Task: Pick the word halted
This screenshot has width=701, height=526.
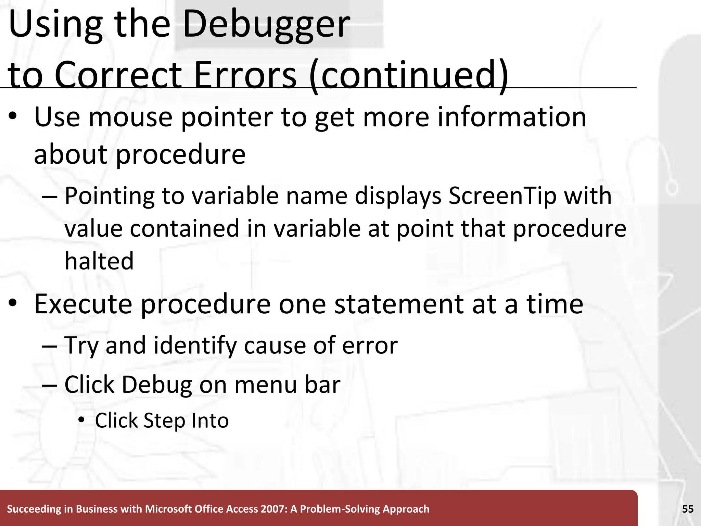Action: [x=99, y=261]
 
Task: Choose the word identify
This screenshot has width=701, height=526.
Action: [x=195, y=345]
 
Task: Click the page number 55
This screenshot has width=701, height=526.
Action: [x=688, y=509]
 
